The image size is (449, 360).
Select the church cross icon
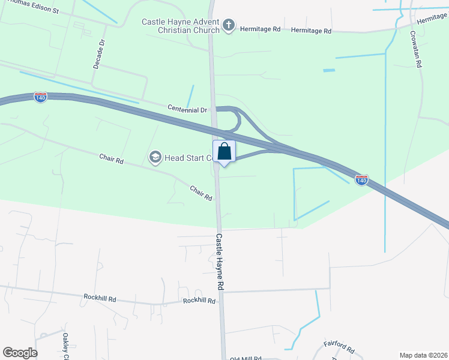228,25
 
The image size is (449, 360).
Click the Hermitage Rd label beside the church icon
260,28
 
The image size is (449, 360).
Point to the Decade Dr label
100,54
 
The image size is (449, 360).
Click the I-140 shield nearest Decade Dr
40,97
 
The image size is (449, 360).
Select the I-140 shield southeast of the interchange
361,179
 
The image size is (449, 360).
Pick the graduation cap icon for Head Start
155,157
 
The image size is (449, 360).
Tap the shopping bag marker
224,152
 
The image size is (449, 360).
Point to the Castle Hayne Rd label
220,262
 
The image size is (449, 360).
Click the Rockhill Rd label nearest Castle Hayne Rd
199,301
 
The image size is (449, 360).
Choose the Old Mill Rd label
246,358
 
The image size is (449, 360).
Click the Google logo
20,353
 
